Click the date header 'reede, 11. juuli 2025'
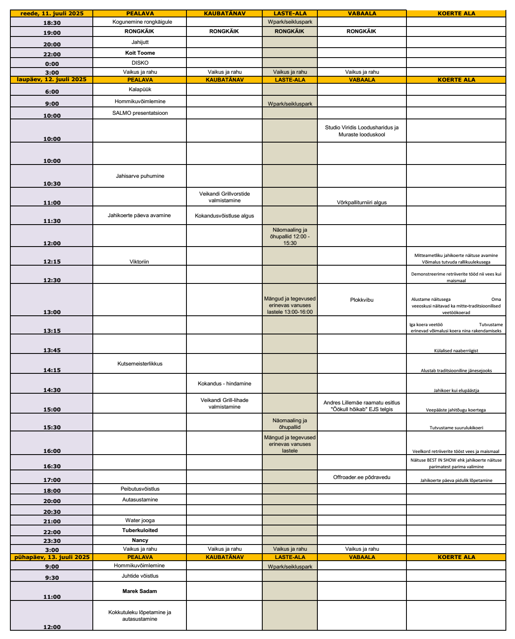(52, 14)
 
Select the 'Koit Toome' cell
(140, 53)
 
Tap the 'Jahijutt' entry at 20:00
(140, 42)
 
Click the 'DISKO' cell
(140, 63)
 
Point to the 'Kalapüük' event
(140, 90)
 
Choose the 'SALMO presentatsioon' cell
(140, 113)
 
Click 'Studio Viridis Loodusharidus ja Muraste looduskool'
(362, 131)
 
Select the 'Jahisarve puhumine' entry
(140, 176)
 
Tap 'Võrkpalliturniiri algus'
(362, 203)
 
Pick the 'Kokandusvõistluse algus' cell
(224, 216)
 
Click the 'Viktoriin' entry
(139, 262)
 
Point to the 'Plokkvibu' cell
(362, 300)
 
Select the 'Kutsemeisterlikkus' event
(140, 364)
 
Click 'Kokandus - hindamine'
(224, 384)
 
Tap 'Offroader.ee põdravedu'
(362, 477)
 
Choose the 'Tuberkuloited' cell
(140, 530)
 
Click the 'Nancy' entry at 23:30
(140, 540)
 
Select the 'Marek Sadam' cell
(140, 591)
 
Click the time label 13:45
(52, 351)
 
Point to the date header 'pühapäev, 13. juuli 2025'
(52, 557)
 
